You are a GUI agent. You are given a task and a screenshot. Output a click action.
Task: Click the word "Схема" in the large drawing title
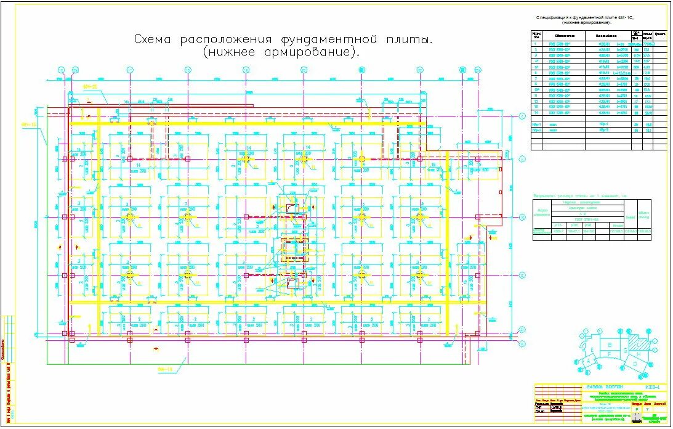(x=154, y=39)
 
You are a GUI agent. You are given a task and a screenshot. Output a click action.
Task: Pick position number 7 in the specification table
(x=536, y=79)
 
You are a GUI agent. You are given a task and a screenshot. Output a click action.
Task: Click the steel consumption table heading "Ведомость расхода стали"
(x=579, y=196)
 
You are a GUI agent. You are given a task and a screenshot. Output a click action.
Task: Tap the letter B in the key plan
(x=610, y=345)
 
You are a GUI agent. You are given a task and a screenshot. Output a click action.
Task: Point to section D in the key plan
(x=635, y=364)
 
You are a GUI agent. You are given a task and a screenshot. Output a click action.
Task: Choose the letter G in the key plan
(x=625, y=350)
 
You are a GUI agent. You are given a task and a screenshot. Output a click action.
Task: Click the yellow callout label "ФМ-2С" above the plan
(x=91, y=87)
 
